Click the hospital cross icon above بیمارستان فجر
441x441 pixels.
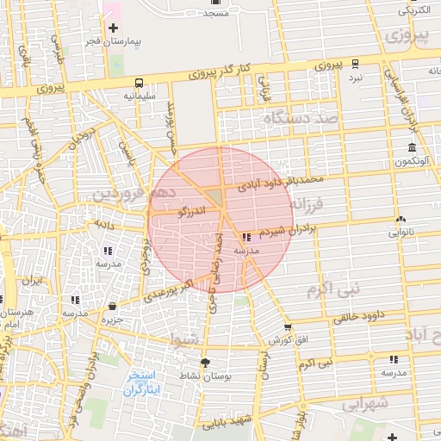coord(113,28)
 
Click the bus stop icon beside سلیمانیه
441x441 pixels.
coord(139,84)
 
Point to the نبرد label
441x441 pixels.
coord(355,78)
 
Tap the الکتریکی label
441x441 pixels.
coord(415,11)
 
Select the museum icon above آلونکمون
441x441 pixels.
coord(411,148)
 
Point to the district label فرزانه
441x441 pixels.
coord(307,205)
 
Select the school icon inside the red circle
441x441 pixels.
coord(247,236)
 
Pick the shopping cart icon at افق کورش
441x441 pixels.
coord(287,327)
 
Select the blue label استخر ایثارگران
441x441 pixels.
coord(142,383)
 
